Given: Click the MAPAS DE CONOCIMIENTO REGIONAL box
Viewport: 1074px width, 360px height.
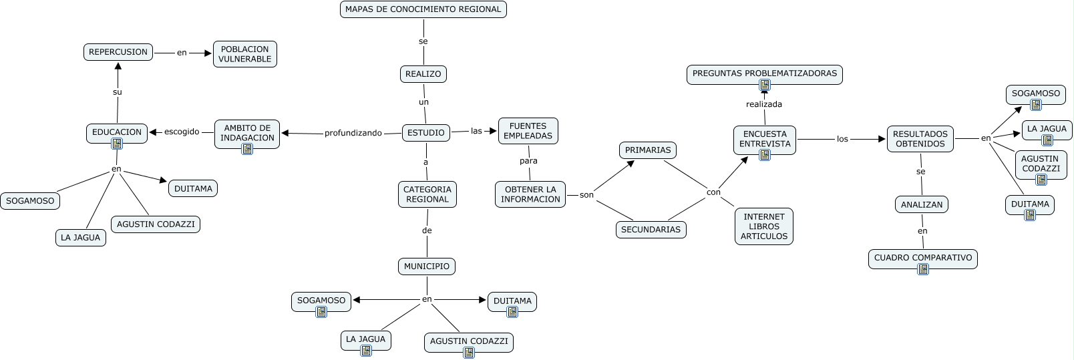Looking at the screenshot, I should pyautogui.click(x=423, y=9).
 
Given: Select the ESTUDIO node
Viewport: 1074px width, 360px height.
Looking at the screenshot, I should pyautogui.click(x=425, y=133).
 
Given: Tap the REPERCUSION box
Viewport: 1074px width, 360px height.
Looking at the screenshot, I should pyautogui.click(x=118, y=52).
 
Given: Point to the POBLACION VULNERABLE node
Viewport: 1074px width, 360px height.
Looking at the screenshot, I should pyautogui.click(x=244, y=54).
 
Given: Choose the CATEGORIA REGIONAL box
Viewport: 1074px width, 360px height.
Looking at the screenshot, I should pyautogui.click(x=427, y=194).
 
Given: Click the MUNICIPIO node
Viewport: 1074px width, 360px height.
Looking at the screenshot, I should pyautogui.click(x=427, y=266).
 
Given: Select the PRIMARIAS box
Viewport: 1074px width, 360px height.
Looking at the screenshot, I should pyautogui.click(x=647, y=150).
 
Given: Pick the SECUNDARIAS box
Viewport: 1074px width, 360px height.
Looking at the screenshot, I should pyautogui.click(x=651, y=230).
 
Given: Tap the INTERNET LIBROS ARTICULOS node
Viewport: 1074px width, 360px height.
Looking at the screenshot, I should pyautogui.click(x=764, y=226).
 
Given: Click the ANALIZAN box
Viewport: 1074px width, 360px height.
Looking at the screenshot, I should pyautogui.click(x=921, y=205).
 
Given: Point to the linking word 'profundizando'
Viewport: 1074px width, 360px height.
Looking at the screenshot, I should pyautogui.click(x=353, y=133).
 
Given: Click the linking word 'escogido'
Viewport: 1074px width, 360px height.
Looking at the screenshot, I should pyautogui.click(x=182, y=132).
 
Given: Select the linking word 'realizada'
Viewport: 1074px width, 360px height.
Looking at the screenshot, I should pyautogui.click(x=764, y=104).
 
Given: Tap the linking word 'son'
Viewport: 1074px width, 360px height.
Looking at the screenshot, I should pyautogui.click(x=586, y=195).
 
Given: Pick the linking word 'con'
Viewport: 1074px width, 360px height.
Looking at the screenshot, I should pyautogui.click(x=713, y=192).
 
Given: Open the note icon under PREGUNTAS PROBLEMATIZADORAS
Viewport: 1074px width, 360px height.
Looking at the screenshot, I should pyautogui.click(x=765, y=85).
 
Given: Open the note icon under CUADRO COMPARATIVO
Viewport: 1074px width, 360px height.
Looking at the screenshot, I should pyautogui.click(x=923, y=269).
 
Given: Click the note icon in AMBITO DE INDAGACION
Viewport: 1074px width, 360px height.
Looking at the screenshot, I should pyautogui.click(x=247, y=149).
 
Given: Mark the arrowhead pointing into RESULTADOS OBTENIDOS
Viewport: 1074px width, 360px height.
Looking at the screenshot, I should pyautogui.click(x=881, y=139).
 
